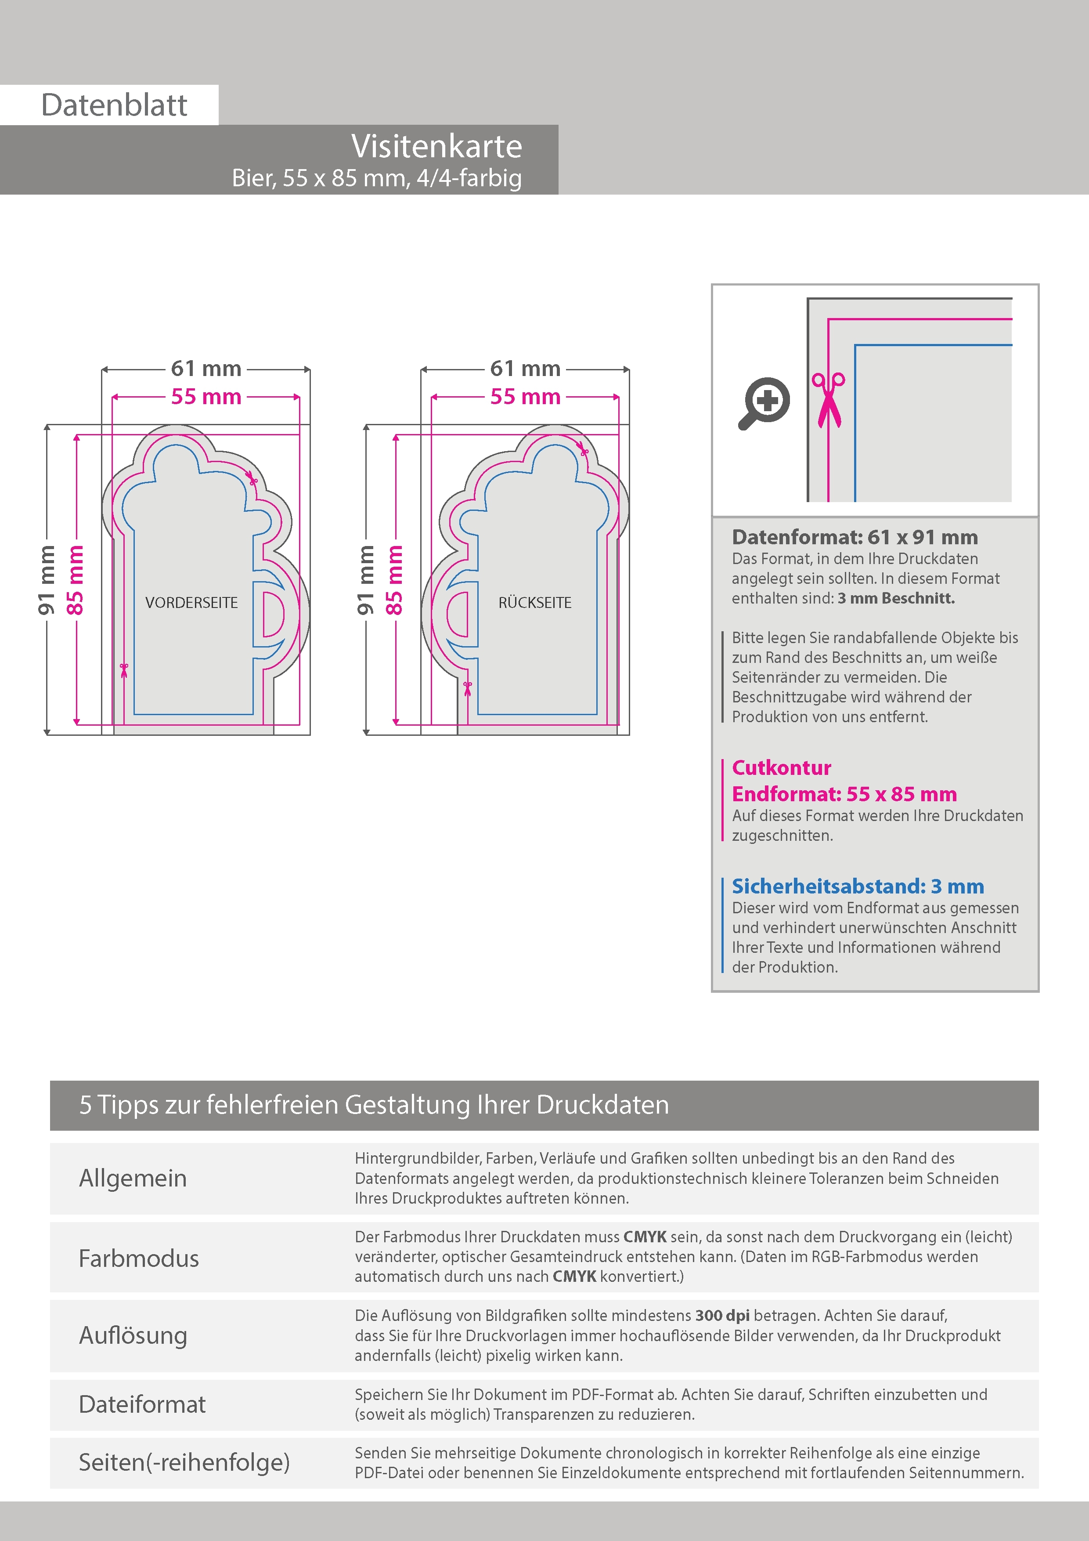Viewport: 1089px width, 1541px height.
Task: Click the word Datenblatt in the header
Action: (x=114, y=105)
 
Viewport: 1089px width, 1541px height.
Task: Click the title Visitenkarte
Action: (x=436, y=146)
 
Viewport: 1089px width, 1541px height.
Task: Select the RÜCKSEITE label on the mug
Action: (x=535, y=603)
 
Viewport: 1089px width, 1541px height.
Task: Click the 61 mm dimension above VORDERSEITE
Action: (x=206, y=369)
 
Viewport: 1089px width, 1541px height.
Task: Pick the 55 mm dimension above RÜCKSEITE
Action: (x=525, y=397)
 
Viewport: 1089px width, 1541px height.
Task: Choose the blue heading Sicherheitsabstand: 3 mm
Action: (x=858, y=886)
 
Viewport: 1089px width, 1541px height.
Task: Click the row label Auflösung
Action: (x=133, y=1335)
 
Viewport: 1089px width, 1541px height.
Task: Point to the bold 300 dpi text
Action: (x=722, y=1316)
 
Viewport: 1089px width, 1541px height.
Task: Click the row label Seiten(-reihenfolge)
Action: (x=184, y=1462)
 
